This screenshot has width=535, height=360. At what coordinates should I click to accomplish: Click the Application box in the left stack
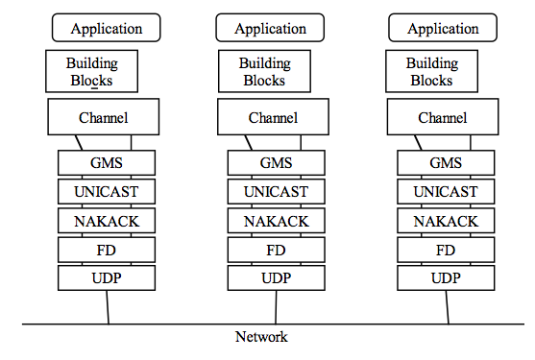107,28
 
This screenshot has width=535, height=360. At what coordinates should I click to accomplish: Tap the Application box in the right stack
443,28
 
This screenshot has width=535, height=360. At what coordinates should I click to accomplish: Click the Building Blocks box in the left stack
92,71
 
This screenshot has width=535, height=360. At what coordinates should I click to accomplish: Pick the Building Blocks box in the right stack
431,71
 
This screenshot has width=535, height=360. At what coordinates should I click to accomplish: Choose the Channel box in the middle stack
273,118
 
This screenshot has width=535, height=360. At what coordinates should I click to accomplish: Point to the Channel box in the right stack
443,118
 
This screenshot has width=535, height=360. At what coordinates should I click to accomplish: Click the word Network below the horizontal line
261,337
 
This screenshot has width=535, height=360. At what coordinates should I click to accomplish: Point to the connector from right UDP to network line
447,307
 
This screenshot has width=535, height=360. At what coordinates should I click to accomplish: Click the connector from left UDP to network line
108,307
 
